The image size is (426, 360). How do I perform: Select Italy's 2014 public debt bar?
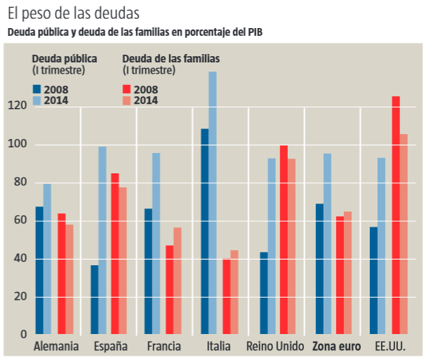(x=213, y=203)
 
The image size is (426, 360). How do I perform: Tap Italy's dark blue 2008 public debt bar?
(x=204, y=231)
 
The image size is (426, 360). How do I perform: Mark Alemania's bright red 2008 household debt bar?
(x=62, y=273)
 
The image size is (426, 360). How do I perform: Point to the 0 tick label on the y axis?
(x=23, y=334)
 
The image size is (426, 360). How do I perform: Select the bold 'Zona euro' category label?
(x=336, y=347)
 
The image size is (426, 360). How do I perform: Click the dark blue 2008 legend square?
(x=36, y=89)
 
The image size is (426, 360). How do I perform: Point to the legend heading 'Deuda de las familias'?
(x=171, y=59)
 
